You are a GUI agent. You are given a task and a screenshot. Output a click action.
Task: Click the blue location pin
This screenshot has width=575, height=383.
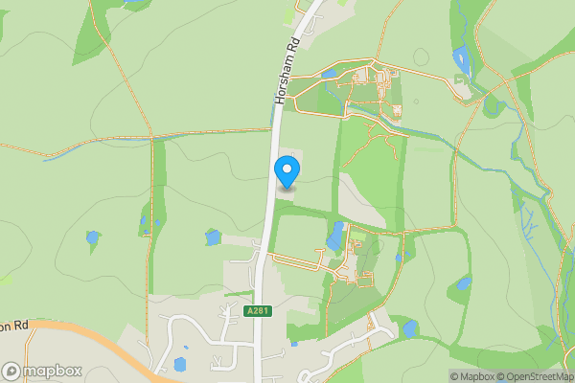287,170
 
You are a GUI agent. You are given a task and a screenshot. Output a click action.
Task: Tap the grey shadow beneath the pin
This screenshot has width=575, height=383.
287,189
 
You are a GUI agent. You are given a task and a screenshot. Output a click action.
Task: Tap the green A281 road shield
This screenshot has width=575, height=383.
256,311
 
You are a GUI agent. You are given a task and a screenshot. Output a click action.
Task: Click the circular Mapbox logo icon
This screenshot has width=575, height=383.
12,371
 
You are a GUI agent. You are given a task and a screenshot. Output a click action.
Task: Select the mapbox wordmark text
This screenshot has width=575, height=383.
53,371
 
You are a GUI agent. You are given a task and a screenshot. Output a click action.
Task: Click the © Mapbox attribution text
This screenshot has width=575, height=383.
475,375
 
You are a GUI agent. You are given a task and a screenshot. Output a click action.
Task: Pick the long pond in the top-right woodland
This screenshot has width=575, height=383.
461,60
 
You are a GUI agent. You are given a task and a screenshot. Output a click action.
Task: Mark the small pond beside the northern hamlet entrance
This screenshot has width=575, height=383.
330,74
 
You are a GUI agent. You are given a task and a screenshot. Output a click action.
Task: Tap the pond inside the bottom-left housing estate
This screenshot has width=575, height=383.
180,364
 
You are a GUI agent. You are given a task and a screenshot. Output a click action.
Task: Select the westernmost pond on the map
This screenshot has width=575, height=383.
92,237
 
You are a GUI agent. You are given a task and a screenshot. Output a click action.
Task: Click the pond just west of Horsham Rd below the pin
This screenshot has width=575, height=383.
213,237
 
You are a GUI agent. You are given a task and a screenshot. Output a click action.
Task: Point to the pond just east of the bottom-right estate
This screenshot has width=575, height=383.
410,328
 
